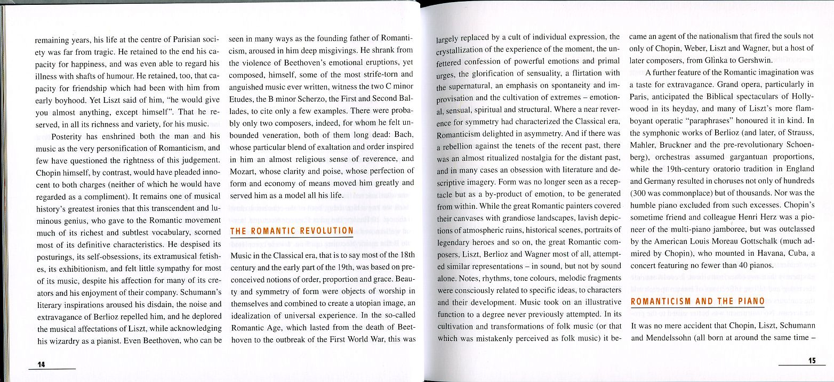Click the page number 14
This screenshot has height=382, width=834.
pos(41,364)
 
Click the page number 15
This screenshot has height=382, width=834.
pos(812,361)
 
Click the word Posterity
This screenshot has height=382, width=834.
pos(69,136)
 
